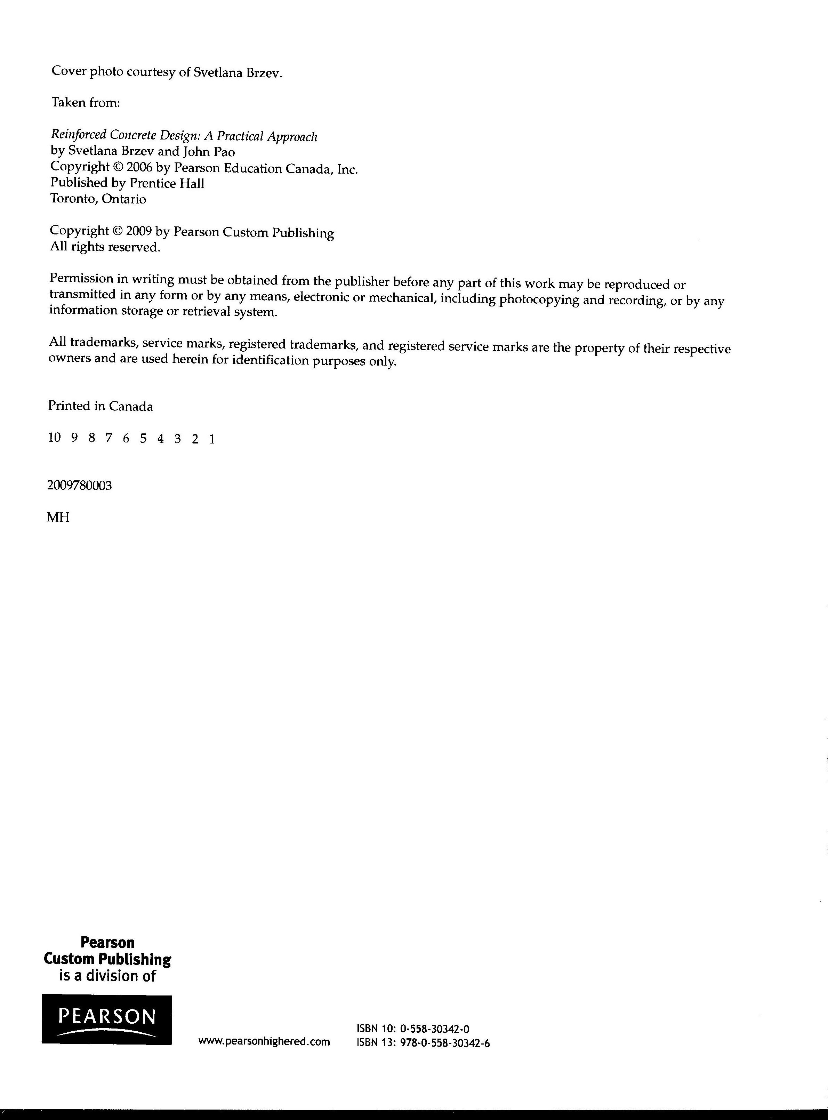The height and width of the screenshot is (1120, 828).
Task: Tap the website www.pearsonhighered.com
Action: tap(264, 1041)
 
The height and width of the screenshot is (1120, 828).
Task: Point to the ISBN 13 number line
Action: tap(423, 1043)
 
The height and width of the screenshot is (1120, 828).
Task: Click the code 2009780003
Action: tap(79, 485)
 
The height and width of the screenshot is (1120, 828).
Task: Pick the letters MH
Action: tap(58, 517)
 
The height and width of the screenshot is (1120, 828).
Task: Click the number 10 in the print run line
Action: tap(54, 438)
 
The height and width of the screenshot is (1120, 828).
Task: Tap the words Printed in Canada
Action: tap(100, 406)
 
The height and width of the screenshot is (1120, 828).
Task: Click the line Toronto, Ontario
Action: tap(98, 199)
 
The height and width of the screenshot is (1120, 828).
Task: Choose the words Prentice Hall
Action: tap(167, 184)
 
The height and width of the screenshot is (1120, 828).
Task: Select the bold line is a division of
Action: tap(107, 976)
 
